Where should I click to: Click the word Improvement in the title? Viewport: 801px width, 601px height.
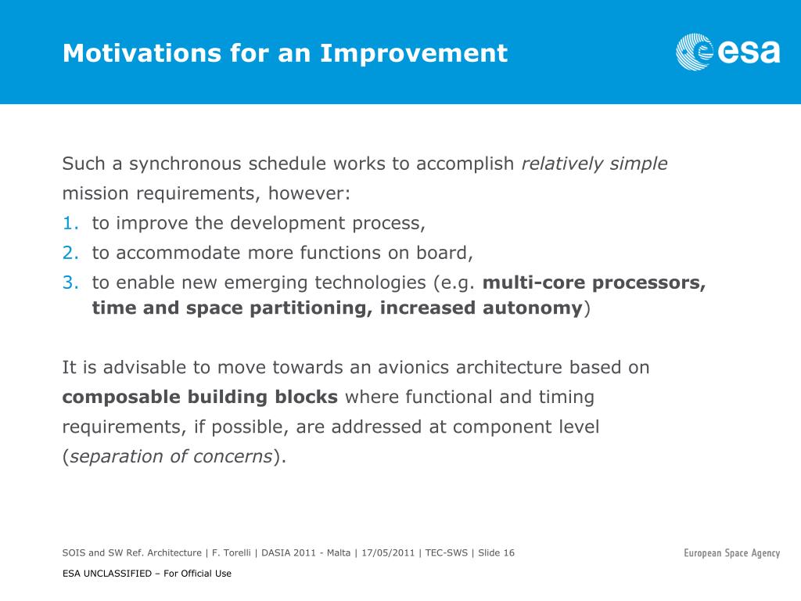point(414,52)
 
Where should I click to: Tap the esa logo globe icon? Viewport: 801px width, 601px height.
point(695,52)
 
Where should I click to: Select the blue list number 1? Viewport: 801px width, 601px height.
point(70,223)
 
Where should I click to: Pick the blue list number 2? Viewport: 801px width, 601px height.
point(70,253)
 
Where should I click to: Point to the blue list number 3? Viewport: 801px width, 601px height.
point(70,283)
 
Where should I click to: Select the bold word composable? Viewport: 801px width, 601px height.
point(121,398)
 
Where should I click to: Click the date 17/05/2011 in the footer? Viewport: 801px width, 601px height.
point(388,553)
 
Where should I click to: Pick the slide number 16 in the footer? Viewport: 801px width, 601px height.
point(508,553)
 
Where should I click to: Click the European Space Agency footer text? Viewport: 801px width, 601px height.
point(731,553)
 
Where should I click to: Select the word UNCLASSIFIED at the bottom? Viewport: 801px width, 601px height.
point(117,574)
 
